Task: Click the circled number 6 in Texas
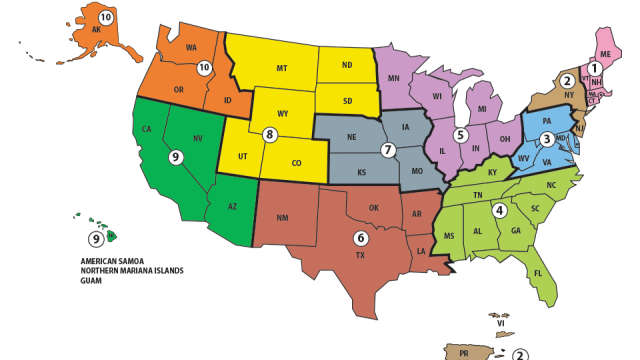coord(360,238)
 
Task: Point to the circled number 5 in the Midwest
coord(460,134)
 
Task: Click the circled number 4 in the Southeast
coord(498,210)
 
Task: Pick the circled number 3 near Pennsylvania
coord(547,139)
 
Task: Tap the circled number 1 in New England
coord(595,68)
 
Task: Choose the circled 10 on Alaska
coord(106,18)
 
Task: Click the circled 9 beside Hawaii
coord(96,238)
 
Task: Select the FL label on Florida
coord(538,273)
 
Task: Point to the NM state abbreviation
coord(282,217)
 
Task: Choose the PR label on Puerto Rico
coord(464,353)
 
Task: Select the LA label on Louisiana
coord(422,251)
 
